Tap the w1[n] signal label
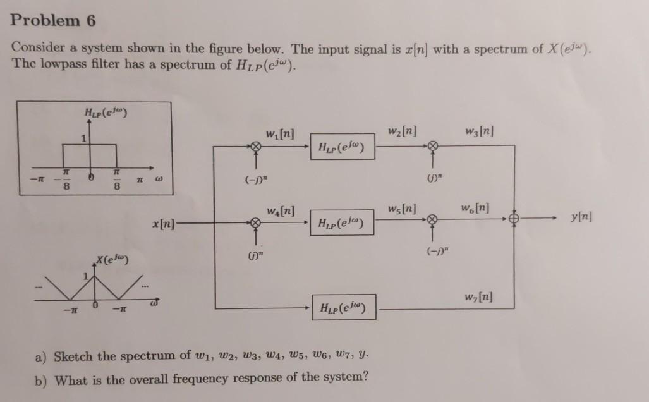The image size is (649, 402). pos(279,134)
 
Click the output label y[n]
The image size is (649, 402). pos(580,217)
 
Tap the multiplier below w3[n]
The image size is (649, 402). pos(432,147)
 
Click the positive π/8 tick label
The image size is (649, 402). pos(116,180)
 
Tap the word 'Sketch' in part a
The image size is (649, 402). pos(75,356)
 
